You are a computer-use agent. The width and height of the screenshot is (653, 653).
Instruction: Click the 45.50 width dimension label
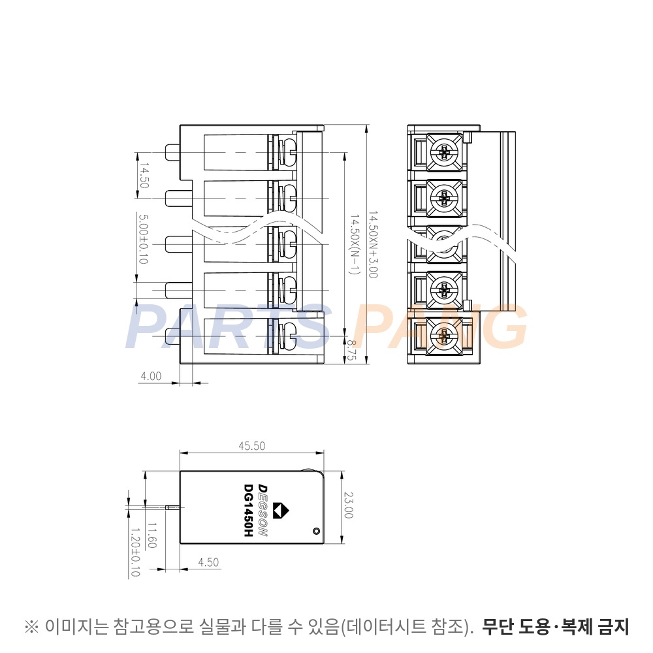(x=251, y=446)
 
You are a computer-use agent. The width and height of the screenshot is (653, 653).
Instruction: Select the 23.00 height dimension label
(x=348, y=505)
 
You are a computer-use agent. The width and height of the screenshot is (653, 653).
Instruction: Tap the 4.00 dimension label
(x=151, y=376)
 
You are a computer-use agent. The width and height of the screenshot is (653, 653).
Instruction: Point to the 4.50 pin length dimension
(x=208, y=562)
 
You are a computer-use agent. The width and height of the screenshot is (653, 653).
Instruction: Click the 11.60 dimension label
(x=151, y=535)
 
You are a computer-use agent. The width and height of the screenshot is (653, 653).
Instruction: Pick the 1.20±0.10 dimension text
(x=135, y=552)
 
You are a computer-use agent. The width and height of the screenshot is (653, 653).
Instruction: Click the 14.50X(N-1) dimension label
(x=354, y=245)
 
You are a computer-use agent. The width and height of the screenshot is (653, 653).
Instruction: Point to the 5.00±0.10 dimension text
(x=143, y=239)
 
